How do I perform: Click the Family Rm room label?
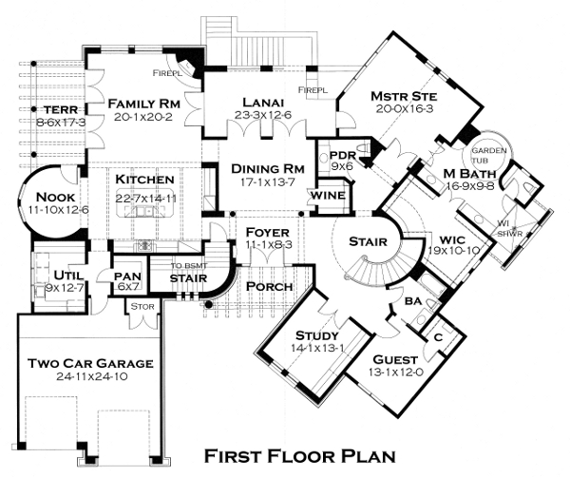[143, 103]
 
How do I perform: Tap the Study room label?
[317, 334]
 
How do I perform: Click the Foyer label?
[260, 233]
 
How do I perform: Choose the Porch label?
[269, 286]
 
